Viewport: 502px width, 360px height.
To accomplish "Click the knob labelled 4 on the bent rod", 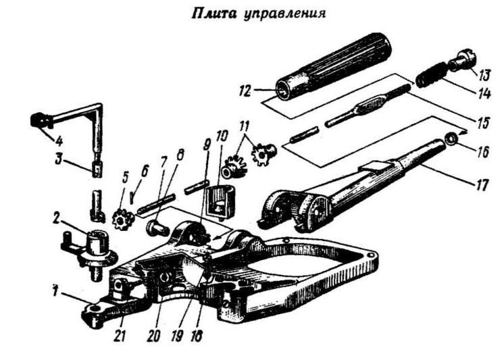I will tap(41, 121).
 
